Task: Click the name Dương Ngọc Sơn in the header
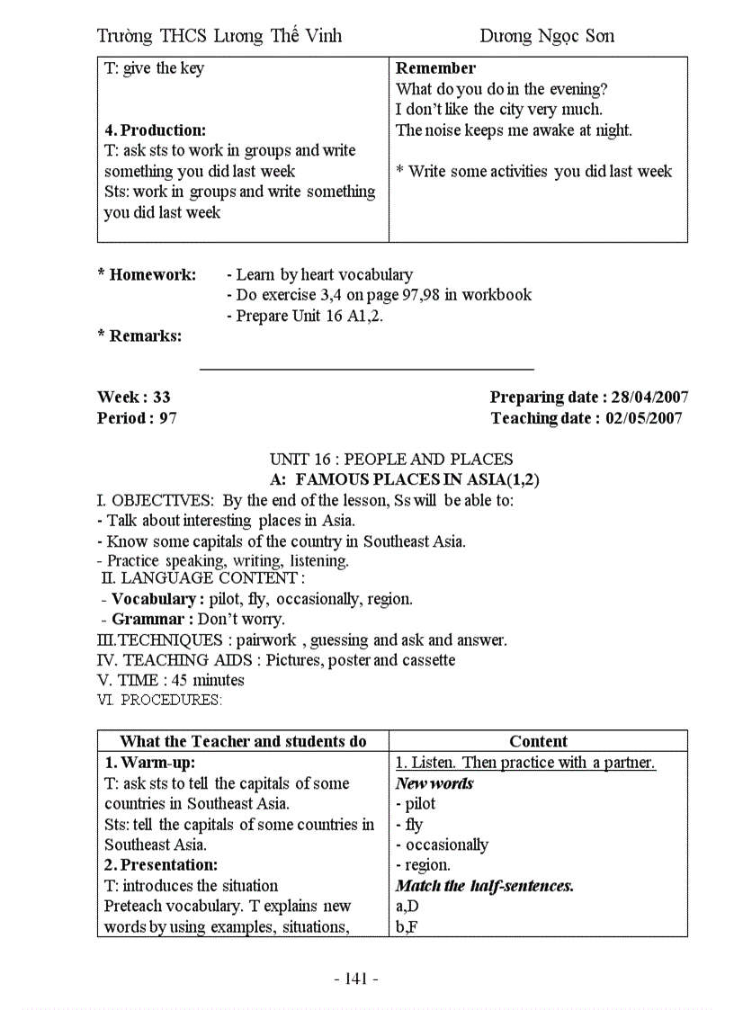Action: click(x=547, y=36)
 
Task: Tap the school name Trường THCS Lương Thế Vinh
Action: click(x=219, y=36)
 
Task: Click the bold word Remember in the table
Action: click(x=436, y=67)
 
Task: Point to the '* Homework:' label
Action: click(x=147, y=274)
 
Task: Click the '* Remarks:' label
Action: click(x=139, y=335)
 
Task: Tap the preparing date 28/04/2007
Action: click(x=649, y=397)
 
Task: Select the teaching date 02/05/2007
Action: click(x=643, y=417)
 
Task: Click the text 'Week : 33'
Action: click(x=134, y=397)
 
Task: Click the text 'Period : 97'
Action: click(x=137, y=417)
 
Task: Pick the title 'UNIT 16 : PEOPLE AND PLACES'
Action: click(x=391, y=459)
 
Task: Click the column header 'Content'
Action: click(x=538, y=741)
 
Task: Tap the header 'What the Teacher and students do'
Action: click(x=243, y=741)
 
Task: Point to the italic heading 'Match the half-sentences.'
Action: click(x=485, y=885)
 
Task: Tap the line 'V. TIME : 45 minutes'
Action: click(x=170, y=680)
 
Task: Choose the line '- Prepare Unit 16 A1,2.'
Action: click(x=305, y=316)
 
